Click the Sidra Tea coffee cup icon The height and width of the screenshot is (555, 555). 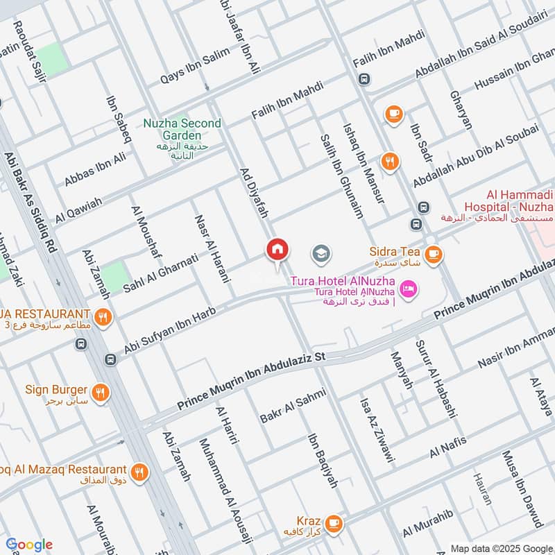(x=434, y=254)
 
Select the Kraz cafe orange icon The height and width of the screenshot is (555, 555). (x=334, y=521)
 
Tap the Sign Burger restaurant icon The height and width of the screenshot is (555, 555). (x=101, y=393)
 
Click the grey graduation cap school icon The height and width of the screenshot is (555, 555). (x=321, y=254)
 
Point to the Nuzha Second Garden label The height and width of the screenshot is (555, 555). (x=182, y=129)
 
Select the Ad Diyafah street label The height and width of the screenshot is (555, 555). (x=253, y=194)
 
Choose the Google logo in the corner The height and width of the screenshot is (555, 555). (x=28, y=545)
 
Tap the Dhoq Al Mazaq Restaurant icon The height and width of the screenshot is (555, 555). (x=141, y=471)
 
